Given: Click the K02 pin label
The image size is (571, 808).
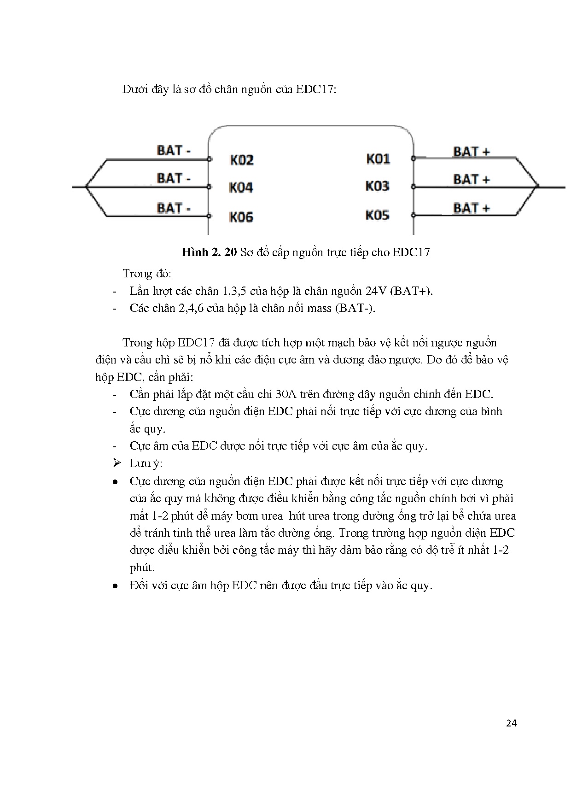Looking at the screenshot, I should [241, 160].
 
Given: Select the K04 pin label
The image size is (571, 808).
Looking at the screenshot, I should [241, 188].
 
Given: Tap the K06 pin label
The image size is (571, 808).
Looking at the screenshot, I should [241, 217].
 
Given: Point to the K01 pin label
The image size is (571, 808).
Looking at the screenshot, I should [378, 159].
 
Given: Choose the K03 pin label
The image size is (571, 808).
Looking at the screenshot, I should [377, 187].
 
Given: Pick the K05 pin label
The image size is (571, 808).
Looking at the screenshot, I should [377, 216].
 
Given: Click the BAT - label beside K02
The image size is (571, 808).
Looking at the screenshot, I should [174, 151].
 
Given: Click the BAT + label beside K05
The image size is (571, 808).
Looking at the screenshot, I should [471, 208].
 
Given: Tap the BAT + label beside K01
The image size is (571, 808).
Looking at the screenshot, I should [471, 152].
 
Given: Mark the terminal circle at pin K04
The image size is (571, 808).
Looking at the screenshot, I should [209, 187].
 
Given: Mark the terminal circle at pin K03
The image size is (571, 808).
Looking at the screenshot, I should [414, 187].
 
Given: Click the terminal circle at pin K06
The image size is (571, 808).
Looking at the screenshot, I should [209, 216].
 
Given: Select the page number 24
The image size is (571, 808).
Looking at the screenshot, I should [511, 723].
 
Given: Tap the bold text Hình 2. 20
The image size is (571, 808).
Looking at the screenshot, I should [210, 252].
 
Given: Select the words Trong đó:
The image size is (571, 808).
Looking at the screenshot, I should [147, 274].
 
